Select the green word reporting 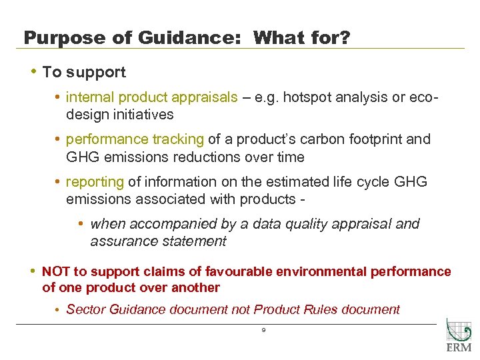(95, 182)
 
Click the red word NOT (56, 272)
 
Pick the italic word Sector (85, 309)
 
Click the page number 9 (264, 330)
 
